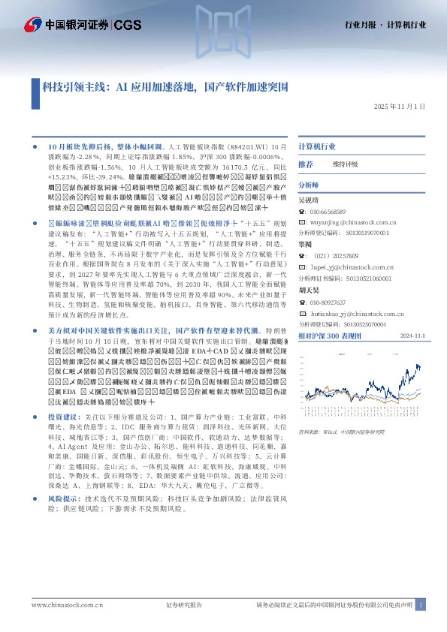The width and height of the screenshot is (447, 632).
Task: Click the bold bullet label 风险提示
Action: point(64,477)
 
